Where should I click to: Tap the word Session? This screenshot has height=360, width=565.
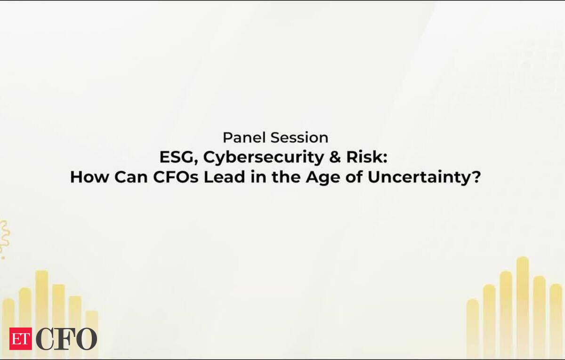click(299, 137)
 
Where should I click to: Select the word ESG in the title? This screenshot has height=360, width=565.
click(178, 157)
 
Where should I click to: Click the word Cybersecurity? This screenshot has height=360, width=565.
click(263, 158)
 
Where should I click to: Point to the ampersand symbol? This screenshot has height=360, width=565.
click(335, 157)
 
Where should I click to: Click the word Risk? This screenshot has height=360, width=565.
click(367, 157)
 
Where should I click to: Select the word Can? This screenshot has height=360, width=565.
click(131, 177)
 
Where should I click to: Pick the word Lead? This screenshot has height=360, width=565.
click(224, 177)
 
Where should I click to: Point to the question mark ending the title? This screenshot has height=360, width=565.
click(476, 177)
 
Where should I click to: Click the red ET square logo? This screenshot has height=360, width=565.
click(21, 338)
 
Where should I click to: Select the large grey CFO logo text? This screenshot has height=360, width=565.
click(66, 338)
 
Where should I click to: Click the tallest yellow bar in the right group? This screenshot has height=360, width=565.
click(523, 308)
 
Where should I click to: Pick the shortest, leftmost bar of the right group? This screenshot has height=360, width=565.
click(473, 329)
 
